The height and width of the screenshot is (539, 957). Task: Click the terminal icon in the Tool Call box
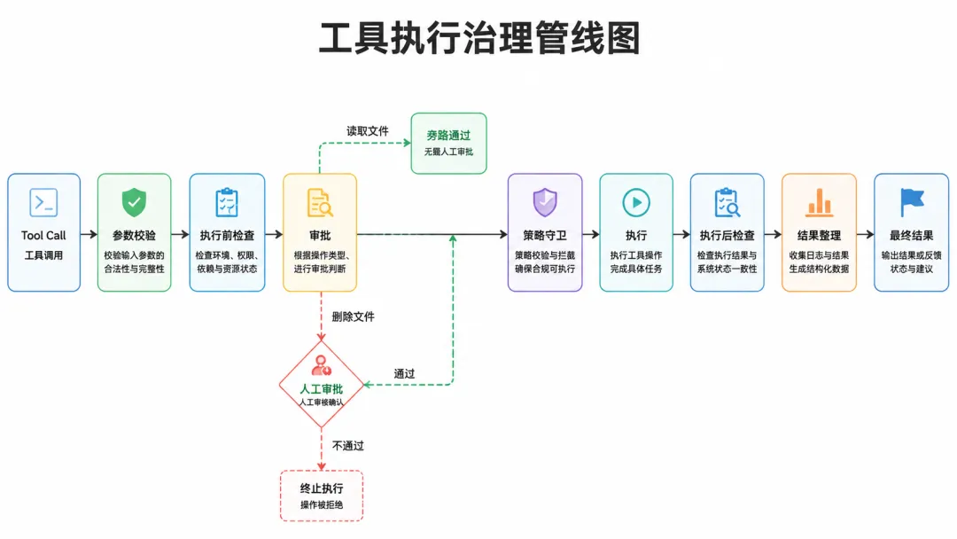(x=43, y=203)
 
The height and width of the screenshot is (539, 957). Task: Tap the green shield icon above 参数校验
(x=135, y=203)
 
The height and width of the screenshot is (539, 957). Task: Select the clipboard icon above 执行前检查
(x=227, y=203)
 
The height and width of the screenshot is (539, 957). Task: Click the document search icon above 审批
(x=320, y=203)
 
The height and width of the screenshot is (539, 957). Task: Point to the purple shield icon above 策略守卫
(x=545, y=203)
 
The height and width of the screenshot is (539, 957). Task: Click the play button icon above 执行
(x=636, y=203)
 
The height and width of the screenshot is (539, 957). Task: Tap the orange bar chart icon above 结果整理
(x=819, y=203)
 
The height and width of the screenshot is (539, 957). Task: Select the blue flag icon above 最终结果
(x=912, y=203)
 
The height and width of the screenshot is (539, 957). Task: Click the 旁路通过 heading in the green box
(x=448, y=136)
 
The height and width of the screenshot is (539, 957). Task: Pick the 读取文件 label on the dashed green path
(x=368, y=131)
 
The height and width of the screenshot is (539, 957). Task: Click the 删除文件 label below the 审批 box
(x=354, y=316)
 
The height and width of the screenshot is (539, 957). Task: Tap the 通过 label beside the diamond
(x=404, y=373)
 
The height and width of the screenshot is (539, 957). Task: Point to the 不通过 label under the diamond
(x=348, y=446)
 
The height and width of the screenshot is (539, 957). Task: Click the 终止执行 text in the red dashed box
(x=322, y=488)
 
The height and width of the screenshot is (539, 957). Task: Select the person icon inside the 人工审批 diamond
(x=321, y=365)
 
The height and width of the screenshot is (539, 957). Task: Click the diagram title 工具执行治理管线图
(x=479, y=38)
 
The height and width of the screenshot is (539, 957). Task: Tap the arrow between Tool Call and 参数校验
(x=89, y=234)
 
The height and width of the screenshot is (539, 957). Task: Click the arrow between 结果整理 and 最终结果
(x=866, y=234)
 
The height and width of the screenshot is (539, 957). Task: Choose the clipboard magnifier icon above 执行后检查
(x=727, y=203)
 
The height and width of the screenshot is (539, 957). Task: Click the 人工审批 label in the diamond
(x=322, y=389)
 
